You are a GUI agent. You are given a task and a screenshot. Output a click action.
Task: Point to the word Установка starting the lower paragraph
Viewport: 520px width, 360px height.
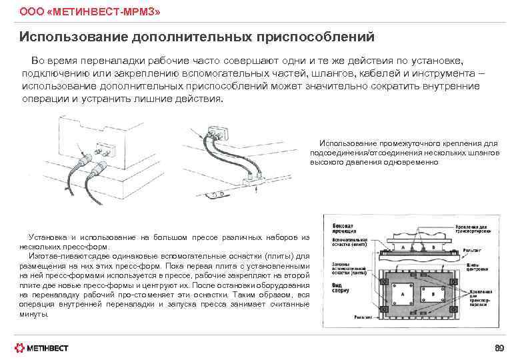coord(47,237)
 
